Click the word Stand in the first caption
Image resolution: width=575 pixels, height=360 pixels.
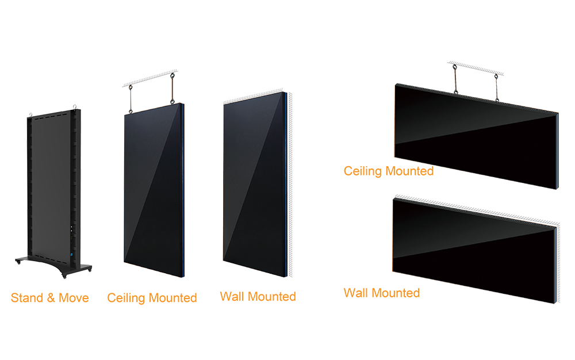click(25, 298)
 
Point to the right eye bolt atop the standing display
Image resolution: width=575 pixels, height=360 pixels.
click(74, 105)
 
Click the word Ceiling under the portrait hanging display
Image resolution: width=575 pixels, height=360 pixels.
click(126, 298)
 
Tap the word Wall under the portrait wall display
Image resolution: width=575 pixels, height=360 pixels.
click(232, 297)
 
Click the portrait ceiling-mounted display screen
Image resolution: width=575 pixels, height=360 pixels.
click(152, 184)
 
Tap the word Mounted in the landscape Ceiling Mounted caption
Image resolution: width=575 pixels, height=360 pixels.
click(409, 171)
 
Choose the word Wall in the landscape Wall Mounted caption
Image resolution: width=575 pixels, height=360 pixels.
click(355, 293)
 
